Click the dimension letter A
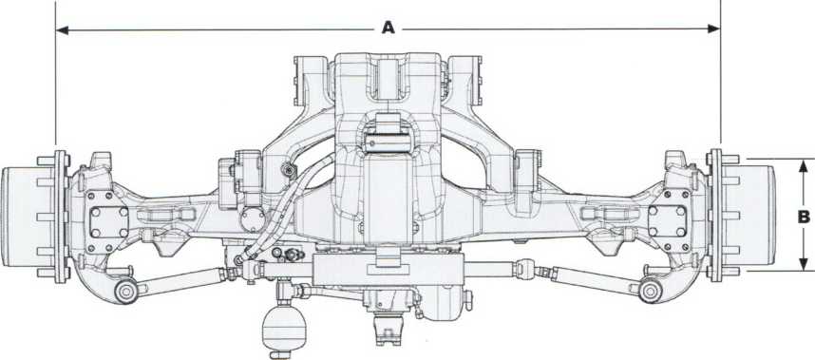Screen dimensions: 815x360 click(x=389, y=28)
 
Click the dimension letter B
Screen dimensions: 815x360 click(x=804, y=218)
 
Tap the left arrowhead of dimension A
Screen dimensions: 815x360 click(x=63, y=30)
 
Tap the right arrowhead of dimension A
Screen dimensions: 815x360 click(x=713, y=28)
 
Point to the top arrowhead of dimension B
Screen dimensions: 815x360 click(x=804, y=166)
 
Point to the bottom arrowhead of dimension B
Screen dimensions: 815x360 click(x=804, y=264)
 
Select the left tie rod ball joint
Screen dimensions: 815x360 click(x=126, y=292)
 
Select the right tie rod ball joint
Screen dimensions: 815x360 click(x=651, y=291)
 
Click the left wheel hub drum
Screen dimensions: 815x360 click(x=20, y=217)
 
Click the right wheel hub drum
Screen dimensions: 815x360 click(x=757, y=216)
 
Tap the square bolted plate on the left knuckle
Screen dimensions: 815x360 click(x=108, y=222)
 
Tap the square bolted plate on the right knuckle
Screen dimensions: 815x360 click(x=669, y=220)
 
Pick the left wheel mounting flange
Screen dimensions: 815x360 click(x=61, y=217)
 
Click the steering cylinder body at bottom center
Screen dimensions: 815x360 click(x=388, y=270)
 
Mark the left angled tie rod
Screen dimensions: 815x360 click(x=181, y=278)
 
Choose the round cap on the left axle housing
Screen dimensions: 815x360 click(x=253, y=219)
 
